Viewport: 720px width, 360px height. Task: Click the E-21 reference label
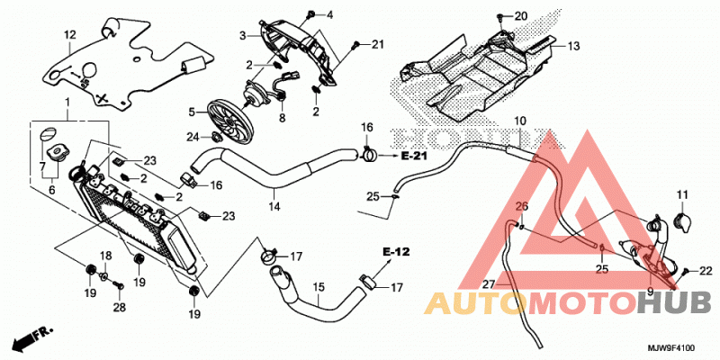(414, 157)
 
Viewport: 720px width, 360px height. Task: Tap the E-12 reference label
(396, 252)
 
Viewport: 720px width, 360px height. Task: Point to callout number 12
(69, 34)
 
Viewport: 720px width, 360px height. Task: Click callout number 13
(573, 47)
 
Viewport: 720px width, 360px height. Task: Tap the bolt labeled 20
(501, 18)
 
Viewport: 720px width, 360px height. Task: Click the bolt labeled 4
(311, 14)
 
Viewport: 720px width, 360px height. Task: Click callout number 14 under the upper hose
(274, 207)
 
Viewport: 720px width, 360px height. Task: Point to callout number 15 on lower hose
(319, 287)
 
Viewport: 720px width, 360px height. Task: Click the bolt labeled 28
(120, 285)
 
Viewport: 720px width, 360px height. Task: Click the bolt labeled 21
(355, 44)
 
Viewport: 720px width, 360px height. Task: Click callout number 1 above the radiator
(67, 101)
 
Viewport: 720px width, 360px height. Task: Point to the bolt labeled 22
(686, 272)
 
